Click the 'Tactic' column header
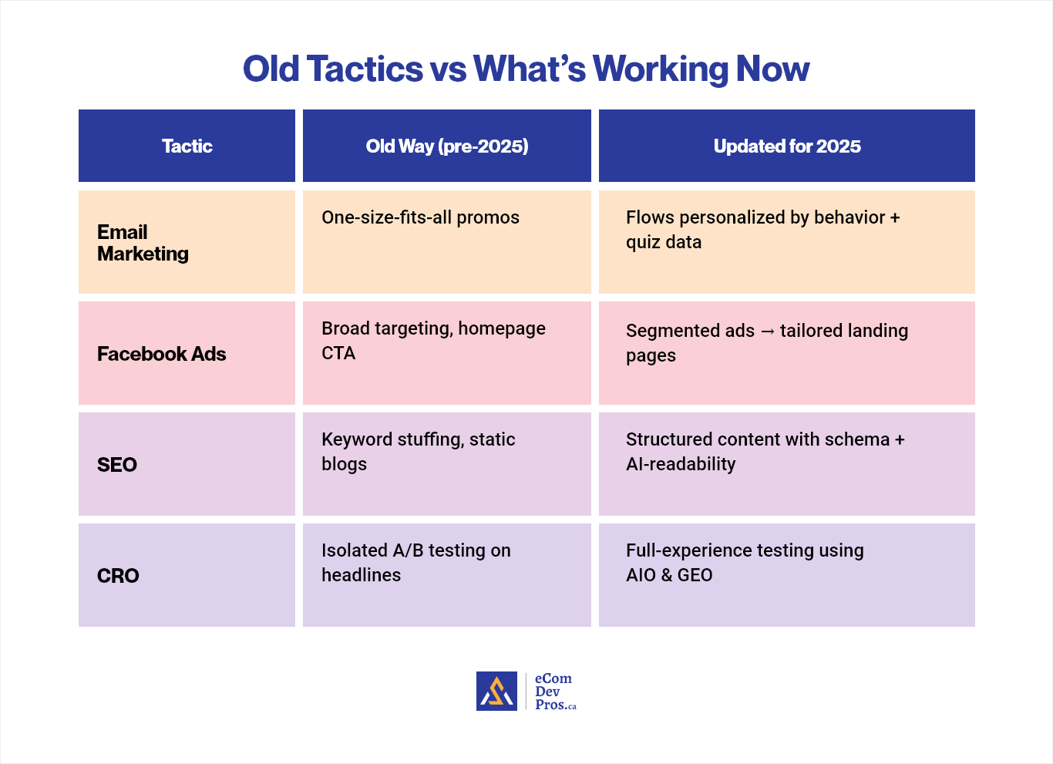pos(187,146)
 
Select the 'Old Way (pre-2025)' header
pos(447,146)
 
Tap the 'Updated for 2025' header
pos(787,146)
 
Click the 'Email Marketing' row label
pos(143,243)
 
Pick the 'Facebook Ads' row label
pos(161,354)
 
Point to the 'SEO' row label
pos(117,465)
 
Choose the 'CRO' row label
pos(118,576)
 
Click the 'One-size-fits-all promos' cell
pos(420,217)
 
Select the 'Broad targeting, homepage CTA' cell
pos(433,340)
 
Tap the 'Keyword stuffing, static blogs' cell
pos(418,451)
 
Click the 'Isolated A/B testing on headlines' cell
pos(415,562)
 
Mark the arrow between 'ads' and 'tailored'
pos(767,332)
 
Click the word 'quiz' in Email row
pos(642,242)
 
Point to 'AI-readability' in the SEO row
pos(681,464)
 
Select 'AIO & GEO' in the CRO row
pos(669,575)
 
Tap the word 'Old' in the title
pos(271,69)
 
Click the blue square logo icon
pos(496,691)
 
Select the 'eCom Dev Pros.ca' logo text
pos(554,692)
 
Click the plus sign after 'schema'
pos(899,439)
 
